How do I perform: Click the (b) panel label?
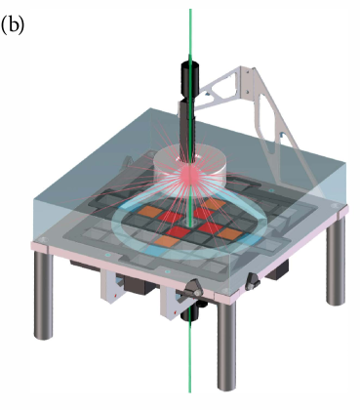coord(13,25)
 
